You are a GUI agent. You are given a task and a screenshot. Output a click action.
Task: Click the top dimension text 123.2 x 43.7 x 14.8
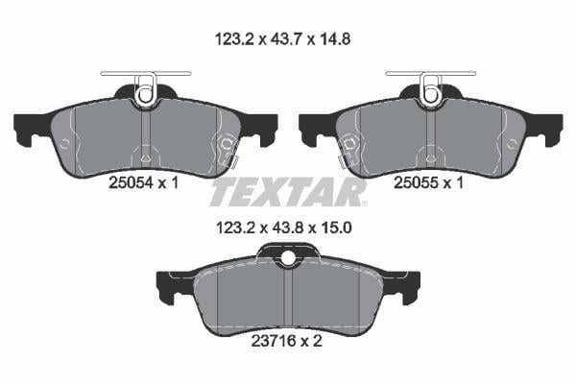pos(282,39)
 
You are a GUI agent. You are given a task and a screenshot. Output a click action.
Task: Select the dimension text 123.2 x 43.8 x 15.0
pos(284,228)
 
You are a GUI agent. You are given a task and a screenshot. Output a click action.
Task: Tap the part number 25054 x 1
pos(144,182)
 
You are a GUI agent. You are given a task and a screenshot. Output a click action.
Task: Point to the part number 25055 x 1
pos(429,182)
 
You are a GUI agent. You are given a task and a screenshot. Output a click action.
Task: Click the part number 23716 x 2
pos(286,341)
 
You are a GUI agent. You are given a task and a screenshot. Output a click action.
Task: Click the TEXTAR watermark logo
pos(288,192)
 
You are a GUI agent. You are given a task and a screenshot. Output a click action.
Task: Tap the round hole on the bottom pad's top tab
pos(288,257)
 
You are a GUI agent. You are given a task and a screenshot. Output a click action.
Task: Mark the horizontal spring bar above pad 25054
pos(146,74)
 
